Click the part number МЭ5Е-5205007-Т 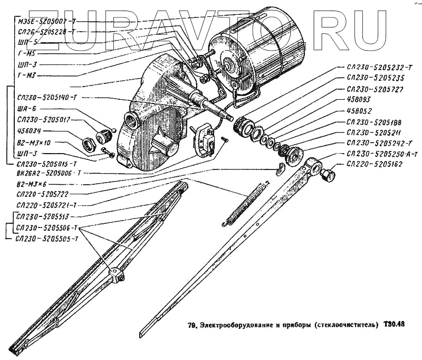[46, 21]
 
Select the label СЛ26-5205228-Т [46, 32]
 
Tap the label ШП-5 [27, 42]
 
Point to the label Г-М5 [26, 53]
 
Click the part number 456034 [30, 131]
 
